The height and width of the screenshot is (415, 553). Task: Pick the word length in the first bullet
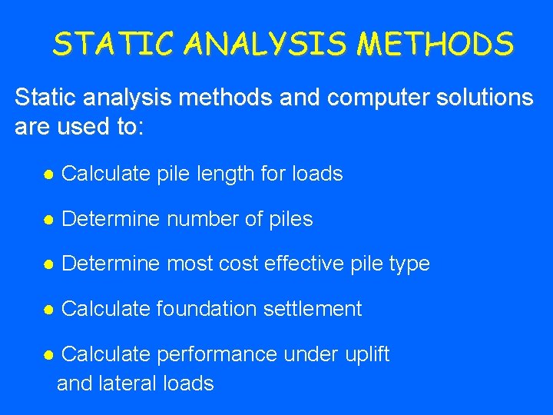[x=225, y=174]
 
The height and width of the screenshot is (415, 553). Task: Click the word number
[x=202, y=219]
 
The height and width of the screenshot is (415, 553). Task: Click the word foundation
[x=206, y=309]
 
